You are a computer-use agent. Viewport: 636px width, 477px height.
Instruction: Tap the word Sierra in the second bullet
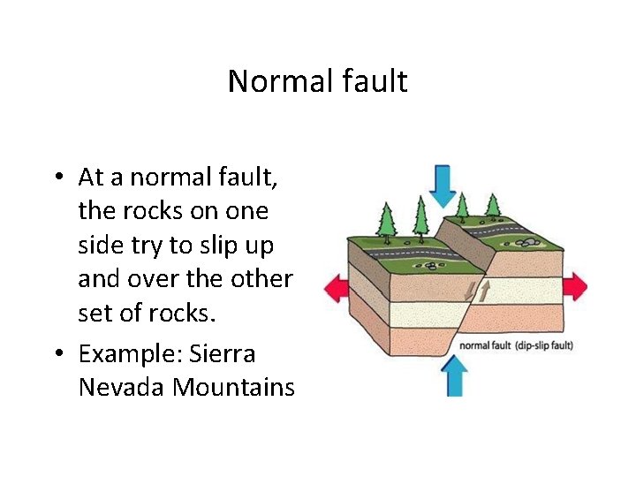226,354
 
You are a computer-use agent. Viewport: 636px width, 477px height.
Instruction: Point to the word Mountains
234,387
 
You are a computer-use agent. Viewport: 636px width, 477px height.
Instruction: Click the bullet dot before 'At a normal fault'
57,178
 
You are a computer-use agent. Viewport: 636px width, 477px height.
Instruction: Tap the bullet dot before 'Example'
57,355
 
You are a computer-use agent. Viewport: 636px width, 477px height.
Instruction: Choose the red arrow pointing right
573,286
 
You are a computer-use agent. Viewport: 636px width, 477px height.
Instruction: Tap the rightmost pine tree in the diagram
493,205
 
